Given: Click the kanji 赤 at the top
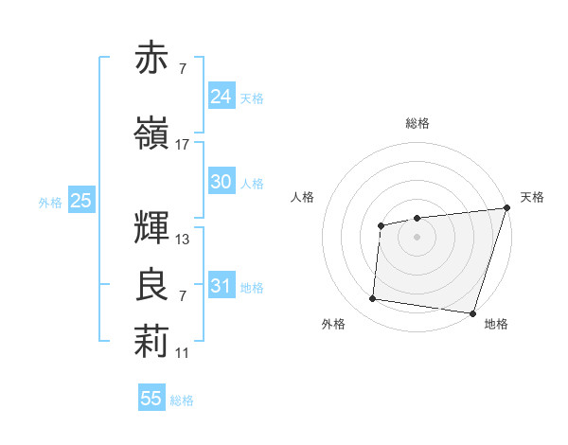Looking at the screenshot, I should pos(151,59).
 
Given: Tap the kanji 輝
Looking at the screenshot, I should pos(151,226).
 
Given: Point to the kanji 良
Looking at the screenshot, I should pos(151,286).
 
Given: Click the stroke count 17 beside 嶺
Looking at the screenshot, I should pos(183,145).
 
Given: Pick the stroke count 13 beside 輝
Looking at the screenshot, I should pos(183,240).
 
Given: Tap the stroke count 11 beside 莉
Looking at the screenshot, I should pos(183,353).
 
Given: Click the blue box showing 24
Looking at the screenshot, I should pos(221,96).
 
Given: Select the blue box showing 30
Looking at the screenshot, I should pos(221,182).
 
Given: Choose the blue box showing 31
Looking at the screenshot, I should pos(221,285).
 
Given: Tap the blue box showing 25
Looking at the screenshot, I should pos(80,200).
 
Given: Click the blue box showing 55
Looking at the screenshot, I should pos(151,399).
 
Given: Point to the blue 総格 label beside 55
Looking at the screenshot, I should pos(182,400).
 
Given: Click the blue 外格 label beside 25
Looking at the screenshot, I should pos(50,202).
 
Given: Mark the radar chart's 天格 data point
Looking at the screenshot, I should pos(506,209).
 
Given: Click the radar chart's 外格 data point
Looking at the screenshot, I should pos(373,299).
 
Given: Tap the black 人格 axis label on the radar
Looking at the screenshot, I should pos(303,197).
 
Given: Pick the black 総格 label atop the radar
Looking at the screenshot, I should pos(417,123).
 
